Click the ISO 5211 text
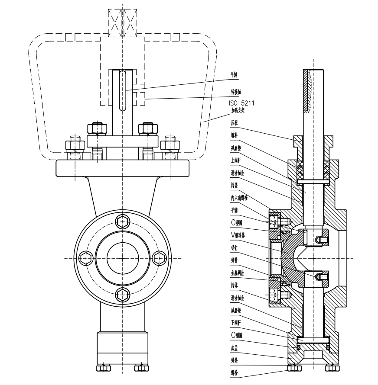tap(241, 103)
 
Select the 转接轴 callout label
tap(236, 92)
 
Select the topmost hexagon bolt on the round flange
tap(123, 223)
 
